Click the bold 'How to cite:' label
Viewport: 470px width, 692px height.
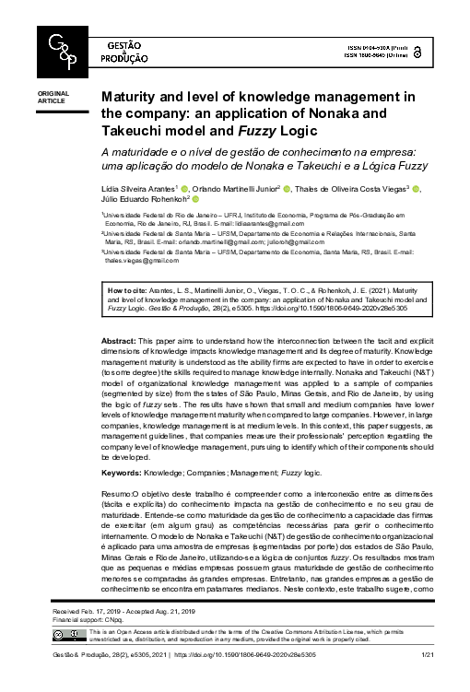click(125, 289)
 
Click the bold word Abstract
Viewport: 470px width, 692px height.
click(118, 341)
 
